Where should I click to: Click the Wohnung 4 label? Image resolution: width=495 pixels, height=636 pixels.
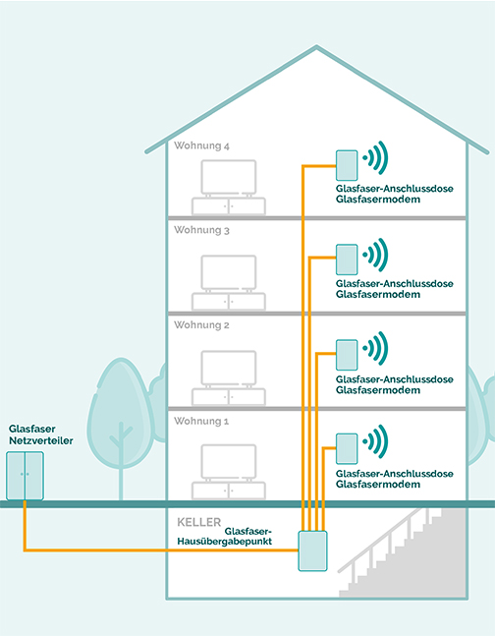point(201,145)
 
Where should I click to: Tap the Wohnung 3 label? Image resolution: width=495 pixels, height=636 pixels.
point(201,231)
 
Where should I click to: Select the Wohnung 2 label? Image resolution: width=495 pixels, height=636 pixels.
point(201,324)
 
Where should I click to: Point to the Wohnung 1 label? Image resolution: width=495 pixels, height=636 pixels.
point(201,421)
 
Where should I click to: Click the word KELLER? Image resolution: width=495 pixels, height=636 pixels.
point(199,522)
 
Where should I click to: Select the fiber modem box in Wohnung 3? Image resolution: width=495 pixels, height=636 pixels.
point(347,260)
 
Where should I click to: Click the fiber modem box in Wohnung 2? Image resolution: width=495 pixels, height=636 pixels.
point(347,354)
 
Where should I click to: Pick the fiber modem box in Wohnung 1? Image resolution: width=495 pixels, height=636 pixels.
point(347,448)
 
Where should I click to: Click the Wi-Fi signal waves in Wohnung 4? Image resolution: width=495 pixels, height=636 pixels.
point(376,156)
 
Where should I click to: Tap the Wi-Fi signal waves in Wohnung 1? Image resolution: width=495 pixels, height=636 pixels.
point(376,440)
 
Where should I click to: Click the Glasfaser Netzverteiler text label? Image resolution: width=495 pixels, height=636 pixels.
point(34,435)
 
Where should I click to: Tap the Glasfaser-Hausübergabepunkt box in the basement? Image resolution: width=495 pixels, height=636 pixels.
point(312,550)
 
